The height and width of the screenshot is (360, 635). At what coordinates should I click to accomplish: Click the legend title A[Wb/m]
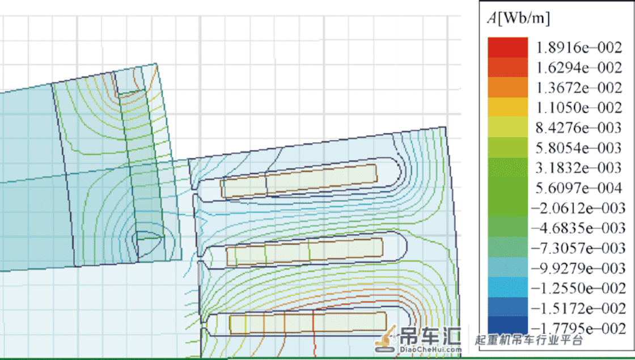tap(519, 18)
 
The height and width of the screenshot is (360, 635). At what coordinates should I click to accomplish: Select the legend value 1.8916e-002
tap(579, 48)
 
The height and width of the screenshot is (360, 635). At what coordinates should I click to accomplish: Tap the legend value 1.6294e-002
tap(579, 67)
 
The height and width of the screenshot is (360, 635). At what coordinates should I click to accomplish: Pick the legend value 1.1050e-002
tap(579, 108)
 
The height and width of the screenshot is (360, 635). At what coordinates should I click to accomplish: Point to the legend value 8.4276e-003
tap(578, 128)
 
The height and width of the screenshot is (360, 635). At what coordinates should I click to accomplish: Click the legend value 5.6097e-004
tap(578, 188)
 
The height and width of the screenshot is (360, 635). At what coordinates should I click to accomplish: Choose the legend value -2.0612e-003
tap(578, 208)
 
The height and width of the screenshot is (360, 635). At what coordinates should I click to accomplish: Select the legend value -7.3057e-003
tap(578, 248)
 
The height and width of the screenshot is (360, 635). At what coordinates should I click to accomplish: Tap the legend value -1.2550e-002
tap(578, 289)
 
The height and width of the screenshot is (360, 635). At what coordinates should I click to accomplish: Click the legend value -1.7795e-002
tap(578, 328)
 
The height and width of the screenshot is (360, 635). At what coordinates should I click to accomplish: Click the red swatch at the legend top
tap(508, 48)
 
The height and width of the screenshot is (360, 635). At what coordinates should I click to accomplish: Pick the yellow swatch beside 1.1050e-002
tap(508, 108)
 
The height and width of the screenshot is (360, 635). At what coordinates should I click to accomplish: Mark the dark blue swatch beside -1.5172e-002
tap(508, 307)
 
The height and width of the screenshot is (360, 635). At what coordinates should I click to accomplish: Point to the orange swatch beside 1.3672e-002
tap(508, 87)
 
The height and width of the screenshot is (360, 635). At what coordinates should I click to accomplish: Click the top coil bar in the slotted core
tap(299, 181)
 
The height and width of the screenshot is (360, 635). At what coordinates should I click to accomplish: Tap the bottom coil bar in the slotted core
tap(308, 323)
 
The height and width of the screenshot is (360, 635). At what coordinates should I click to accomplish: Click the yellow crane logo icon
tap(385, 338)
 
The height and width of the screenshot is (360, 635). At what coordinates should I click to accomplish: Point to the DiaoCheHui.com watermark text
tap(430, 349)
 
